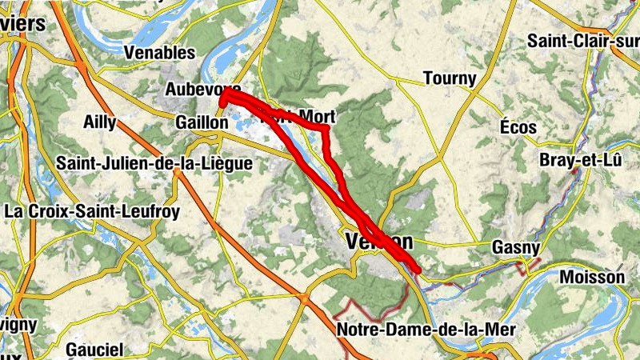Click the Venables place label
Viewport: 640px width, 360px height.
tap(160, 53)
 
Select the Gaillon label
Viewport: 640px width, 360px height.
tap(195, 122)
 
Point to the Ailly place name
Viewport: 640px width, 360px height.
tap(99, 122)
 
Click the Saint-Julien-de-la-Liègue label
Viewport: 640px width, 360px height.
tap(154, 163)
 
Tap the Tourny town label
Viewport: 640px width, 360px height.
tap(449, 78)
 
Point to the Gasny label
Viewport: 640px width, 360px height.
tap(516, 247)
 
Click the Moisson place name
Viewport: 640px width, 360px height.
tap(592, 277)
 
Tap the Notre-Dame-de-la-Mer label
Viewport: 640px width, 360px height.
tap(426, 329)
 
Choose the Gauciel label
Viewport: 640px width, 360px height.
tap(94, 350)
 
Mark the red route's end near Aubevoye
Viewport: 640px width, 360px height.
tap(222, 102)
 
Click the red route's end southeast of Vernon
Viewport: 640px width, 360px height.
tap(417, 270)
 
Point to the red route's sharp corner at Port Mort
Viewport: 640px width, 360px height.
tap(326, 128)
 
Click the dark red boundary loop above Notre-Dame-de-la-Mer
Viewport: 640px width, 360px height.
tap(372, 308)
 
